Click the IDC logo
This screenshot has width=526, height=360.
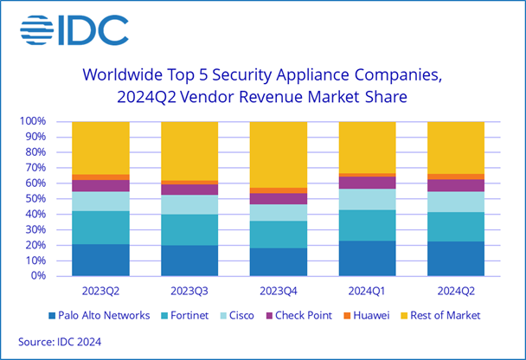[x=73, y=31]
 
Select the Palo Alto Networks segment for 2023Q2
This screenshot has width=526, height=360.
[x=100, y=260]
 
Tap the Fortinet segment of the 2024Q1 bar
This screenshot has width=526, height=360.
[x=367, y=225]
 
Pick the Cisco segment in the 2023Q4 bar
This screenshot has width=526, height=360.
[x=278, y=213]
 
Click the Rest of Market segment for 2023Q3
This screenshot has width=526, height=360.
[x=189, y=151]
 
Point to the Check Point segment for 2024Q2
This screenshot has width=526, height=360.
[x=456, y=185]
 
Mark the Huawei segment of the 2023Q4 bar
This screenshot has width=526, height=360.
[x=278, y=190]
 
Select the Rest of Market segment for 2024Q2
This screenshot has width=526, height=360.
[x=456, y=147]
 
